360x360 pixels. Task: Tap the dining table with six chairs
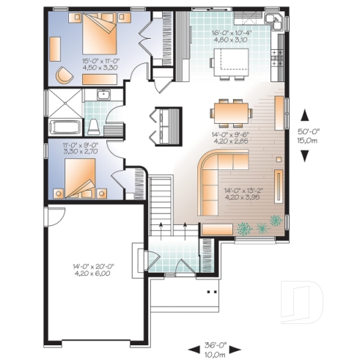point(231,113)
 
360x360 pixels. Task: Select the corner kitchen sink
point(275,21)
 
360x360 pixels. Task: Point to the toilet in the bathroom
point(94,125)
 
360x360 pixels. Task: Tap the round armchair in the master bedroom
point(64,74)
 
